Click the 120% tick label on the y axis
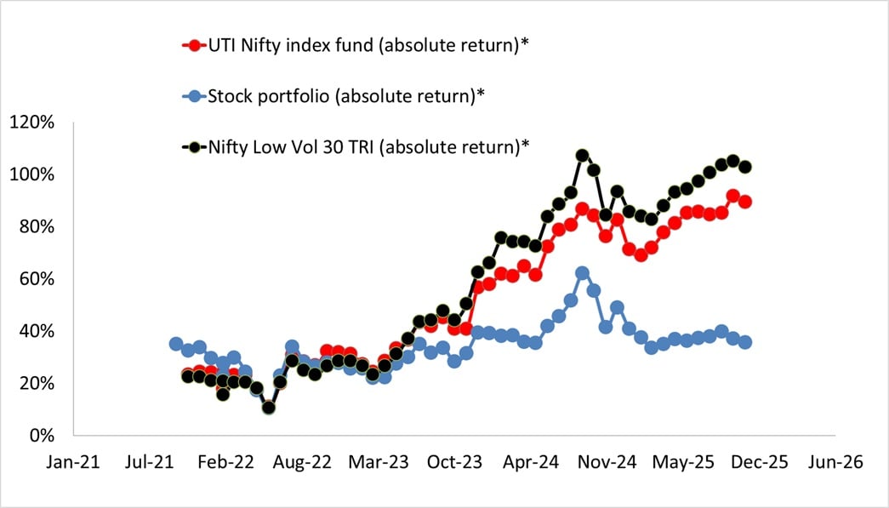click(31, 123)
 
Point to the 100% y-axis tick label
click(31, 174)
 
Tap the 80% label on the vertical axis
click(36, 227)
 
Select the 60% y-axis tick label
click(36, 279)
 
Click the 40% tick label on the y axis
click(36, 331)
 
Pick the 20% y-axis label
click(36, 383)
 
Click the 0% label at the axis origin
click(40, 436)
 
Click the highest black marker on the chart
click(582, 156)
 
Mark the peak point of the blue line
click(582, 273)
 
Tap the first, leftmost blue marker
click(176, 344)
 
